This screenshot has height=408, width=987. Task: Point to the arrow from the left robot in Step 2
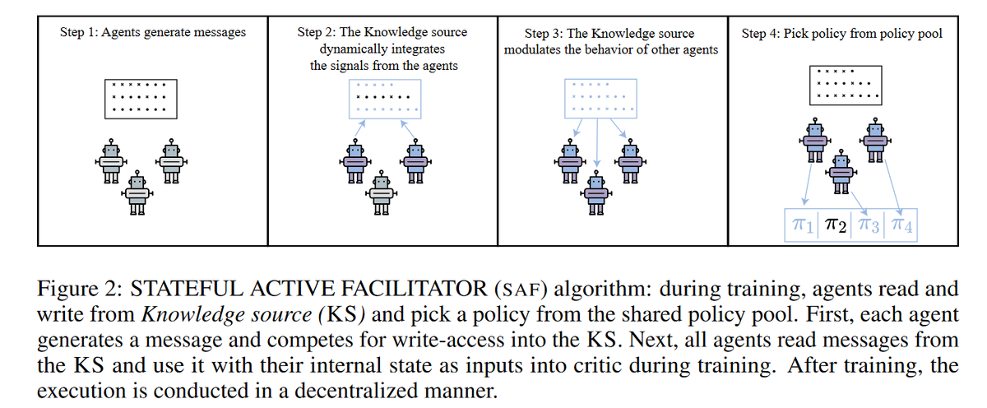359,128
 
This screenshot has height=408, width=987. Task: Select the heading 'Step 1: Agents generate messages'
153,34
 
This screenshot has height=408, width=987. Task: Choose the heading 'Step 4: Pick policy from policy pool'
842,34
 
